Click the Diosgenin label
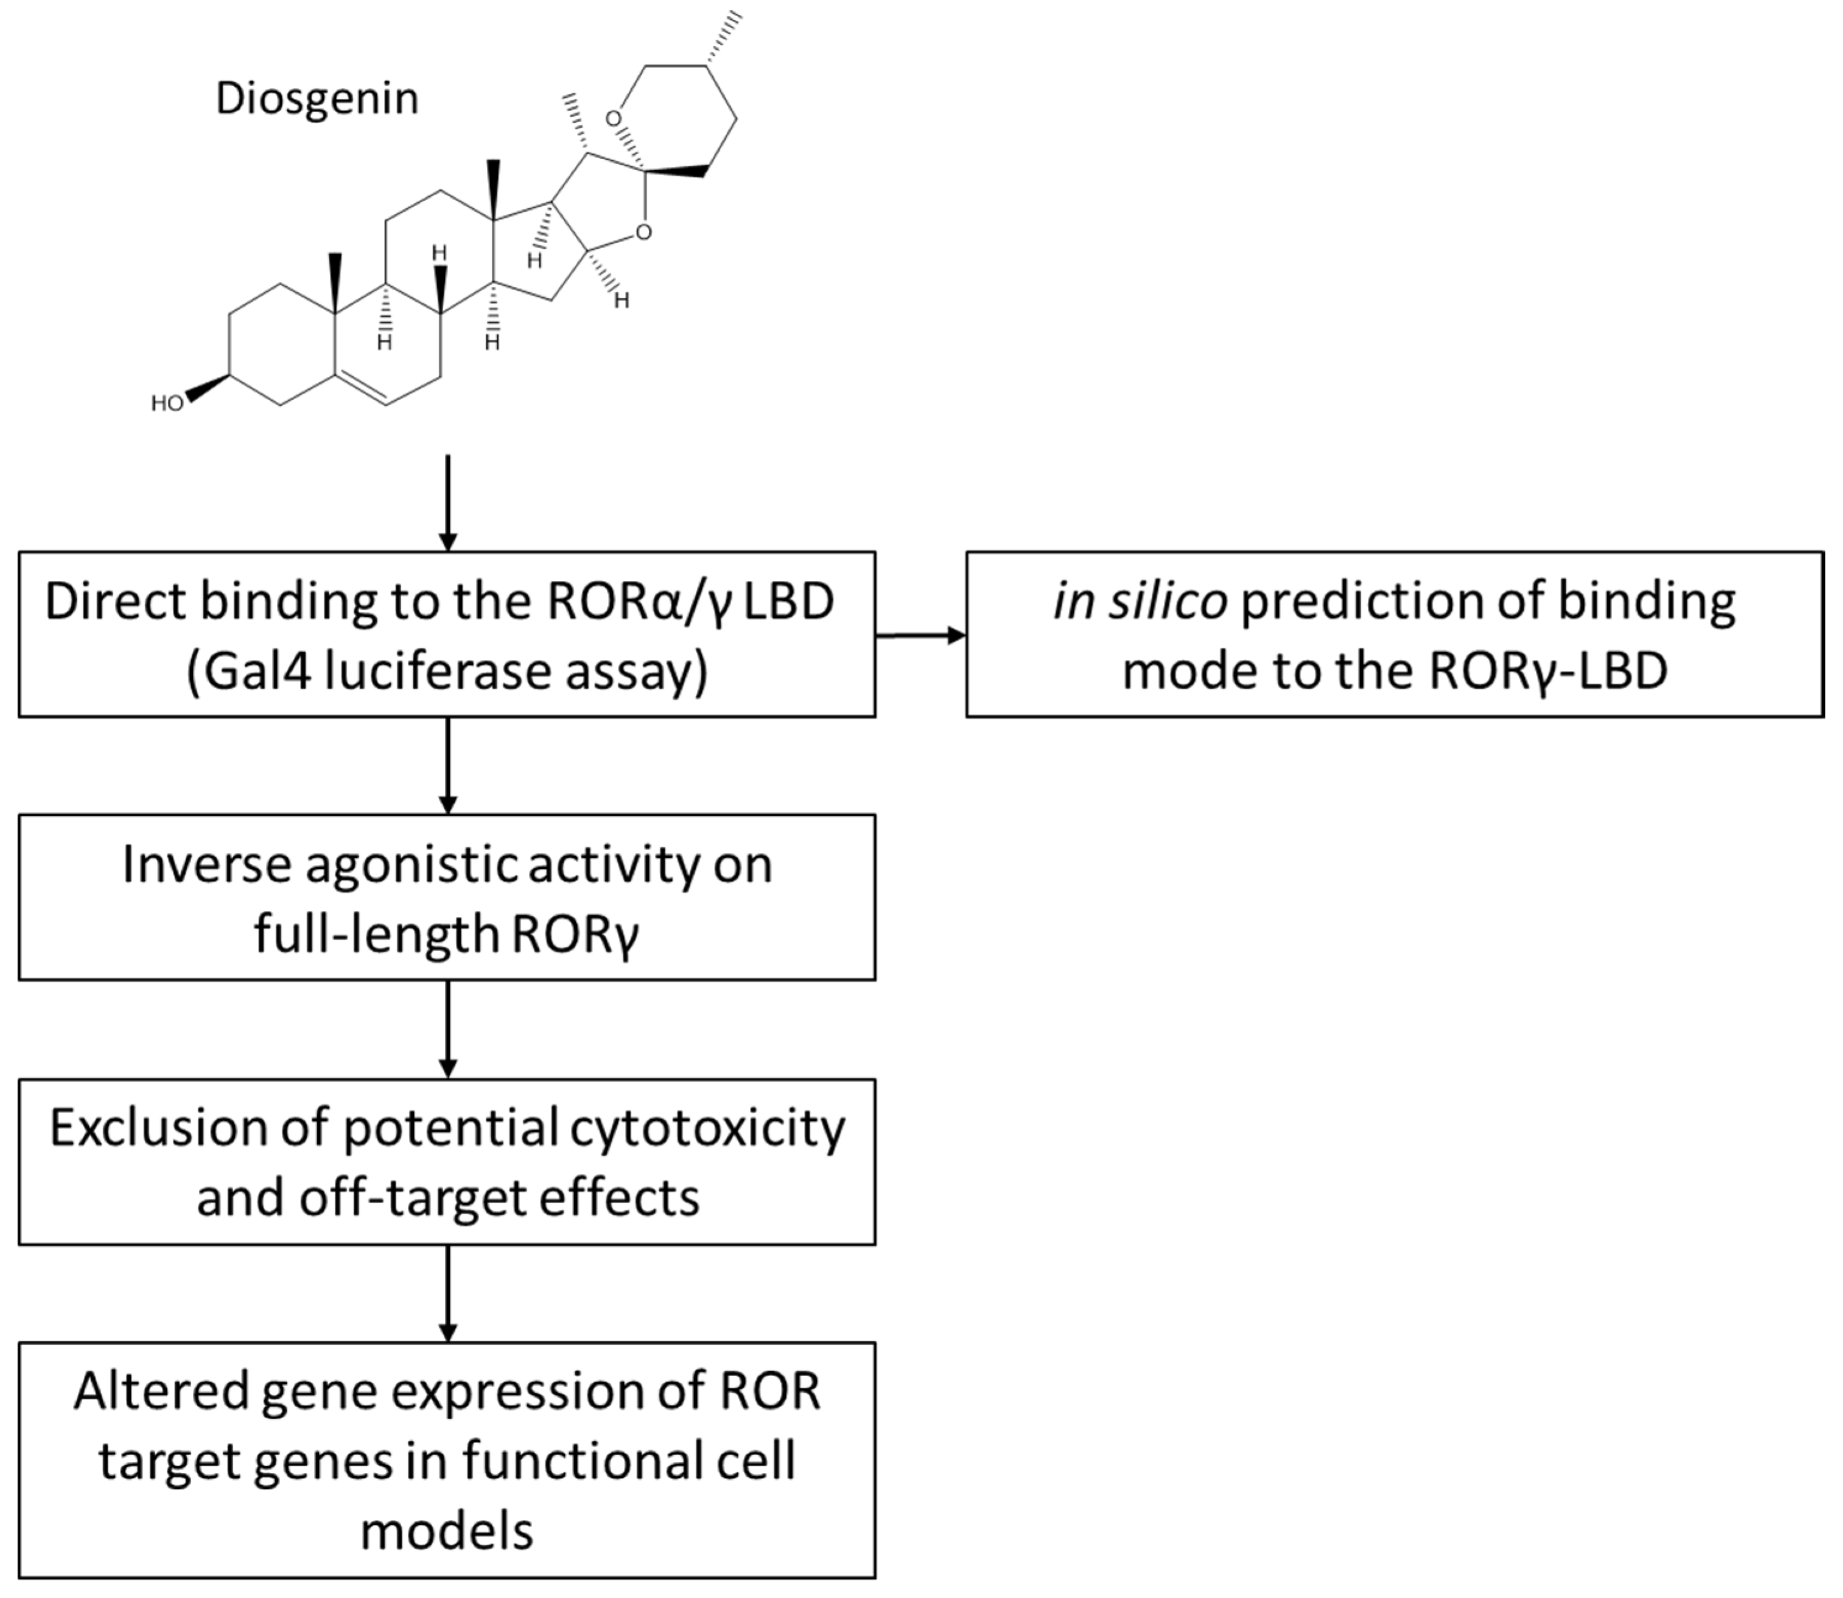(x=317, y=98)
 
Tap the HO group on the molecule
(x=167, y=404)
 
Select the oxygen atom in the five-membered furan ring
(x=643, y=233)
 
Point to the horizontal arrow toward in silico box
(x=920, y=636)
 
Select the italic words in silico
(x=1139, y=602)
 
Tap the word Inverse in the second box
(x=206, y=865)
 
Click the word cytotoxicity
(x=707, y=1128)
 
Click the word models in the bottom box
(x=447, y=1532)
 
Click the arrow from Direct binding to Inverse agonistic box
(x=448, y=765)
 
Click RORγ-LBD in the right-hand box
(x=1548, y=671)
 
